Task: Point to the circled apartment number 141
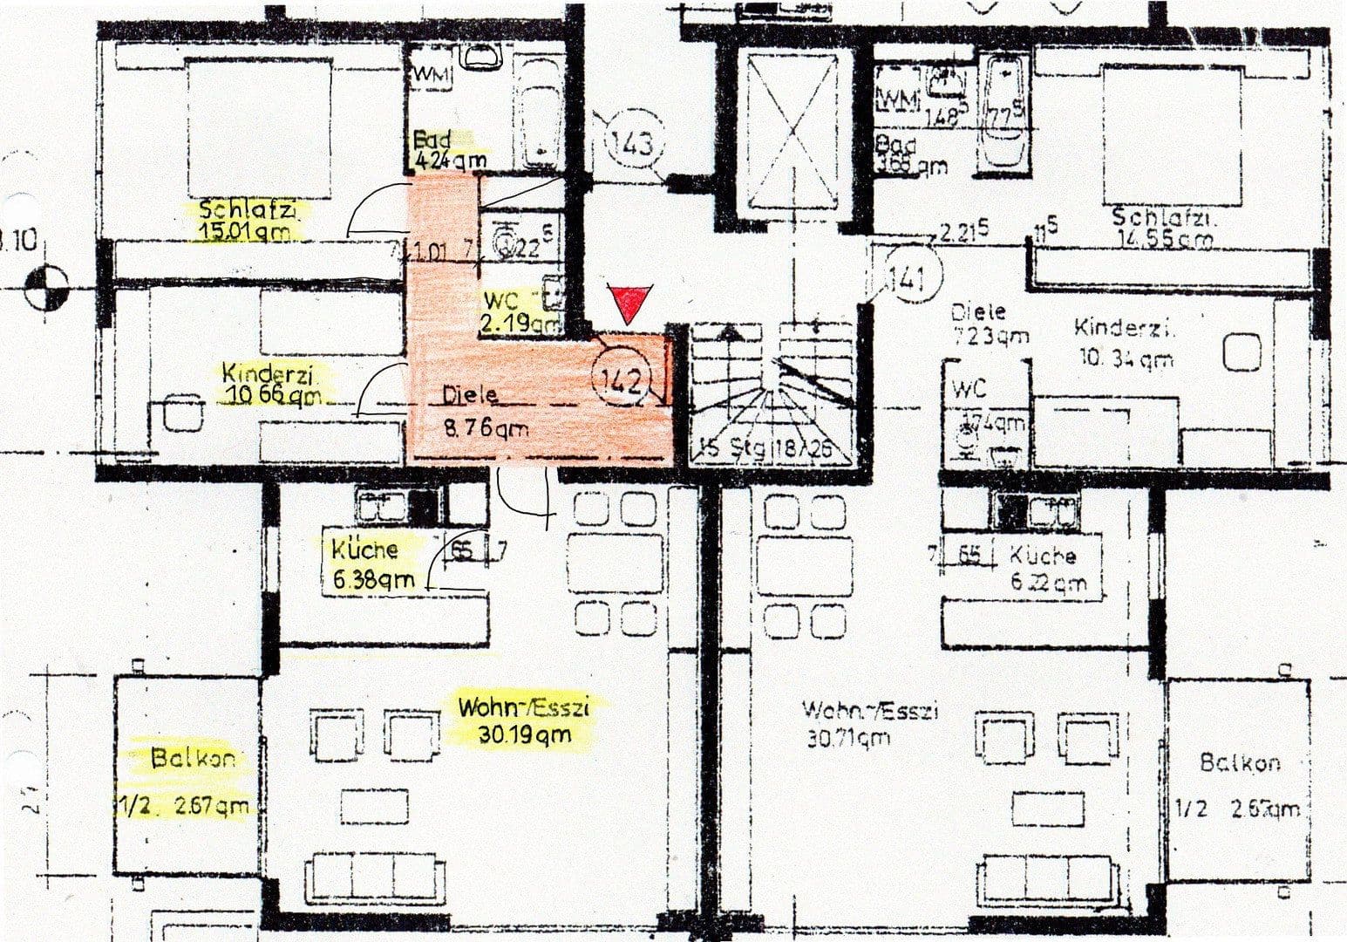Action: point(906,279)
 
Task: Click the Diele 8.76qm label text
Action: point(474,411)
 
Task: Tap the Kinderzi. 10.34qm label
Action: point(1125,343)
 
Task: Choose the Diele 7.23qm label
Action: point(980,323)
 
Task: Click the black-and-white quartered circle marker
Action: point(46,288)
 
